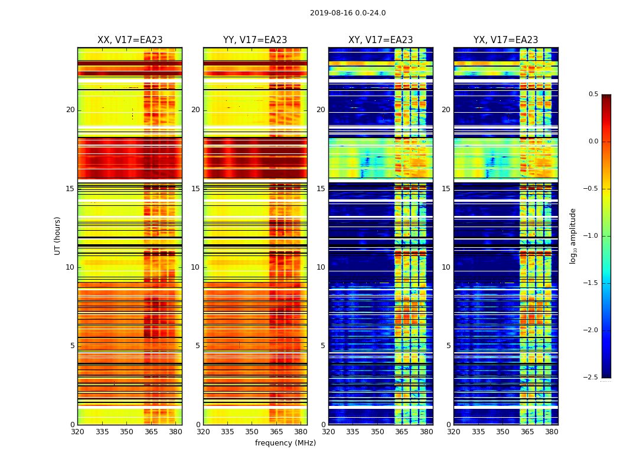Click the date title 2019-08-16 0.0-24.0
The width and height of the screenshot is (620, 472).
click(348, 13)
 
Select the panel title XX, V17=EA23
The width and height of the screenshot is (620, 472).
click(130, 40)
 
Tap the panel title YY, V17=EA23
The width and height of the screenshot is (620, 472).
click(255, 40)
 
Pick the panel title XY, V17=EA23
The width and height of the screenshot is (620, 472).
click(381, 40)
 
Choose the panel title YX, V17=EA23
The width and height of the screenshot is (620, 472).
click(506, 40)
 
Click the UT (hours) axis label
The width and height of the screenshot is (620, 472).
click(58, 235)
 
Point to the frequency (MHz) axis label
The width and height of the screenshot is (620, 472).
click(285, 443)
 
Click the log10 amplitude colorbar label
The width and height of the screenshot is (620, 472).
click(573, 235)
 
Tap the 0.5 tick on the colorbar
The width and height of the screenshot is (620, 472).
click(593, 94)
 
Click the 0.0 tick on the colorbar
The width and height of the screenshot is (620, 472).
click(593, 142)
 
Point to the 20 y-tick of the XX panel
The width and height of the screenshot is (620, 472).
click(71, 110)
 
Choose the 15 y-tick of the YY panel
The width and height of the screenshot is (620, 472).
click(196, 189)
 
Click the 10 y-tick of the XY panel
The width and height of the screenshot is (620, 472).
click(321, 267)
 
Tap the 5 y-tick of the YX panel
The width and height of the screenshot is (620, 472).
click(449, 346)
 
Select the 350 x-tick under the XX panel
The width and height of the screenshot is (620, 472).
click(126, 431)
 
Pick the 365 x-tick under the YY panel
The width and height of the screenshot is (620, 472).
click(276, 431)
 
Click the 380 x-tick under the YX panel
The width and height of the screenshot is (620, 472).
click(552, 431)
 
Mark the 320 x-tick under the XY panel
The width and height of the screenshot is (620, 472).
click(328, 431)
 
